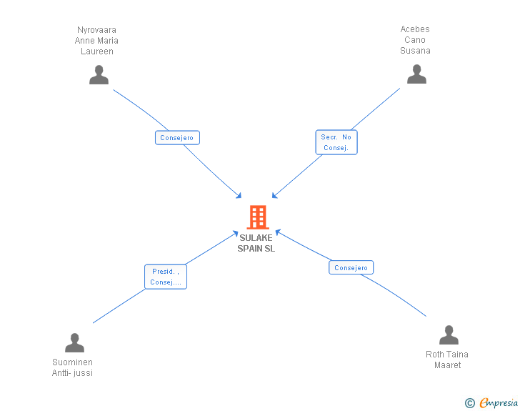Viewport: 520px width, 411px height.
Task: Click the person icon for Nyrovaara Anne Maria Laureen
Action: (x=99, y=75)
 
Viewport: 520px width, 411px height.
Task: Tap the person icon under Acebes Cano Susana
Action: (x=416, y=74)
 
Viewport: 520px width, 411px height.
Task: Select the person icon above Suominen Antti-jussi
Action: (x=74, y=342)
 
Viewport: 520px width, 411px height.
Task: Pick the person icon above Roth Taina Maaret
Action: (x=449, y=335)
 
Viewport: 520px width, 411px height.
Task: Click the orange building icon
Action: (x=258, y=217)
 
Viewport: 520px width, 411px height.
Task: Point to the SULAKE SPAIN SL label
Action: (x=256, y=243)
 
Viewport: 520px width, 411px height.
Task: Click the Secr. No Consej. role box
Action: (x=336, y=142)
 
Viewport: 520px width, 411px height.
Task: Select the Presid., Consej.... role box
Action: (x=166, y=277)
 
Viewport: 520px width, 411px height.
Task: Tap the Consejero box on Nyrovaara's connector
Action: (x=177, y=138)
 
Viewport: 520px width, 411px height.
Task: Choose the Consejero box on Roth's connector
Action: (x=351, y=267)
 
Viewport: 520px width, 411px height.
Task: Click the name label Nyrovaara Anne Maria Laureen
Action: (x=96, y=41)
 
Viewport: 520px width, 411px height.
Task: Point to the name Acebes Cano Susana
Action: (x=415, y=40)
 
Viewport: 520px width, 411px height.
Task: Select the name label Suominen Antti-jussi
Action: (x=72, y=367)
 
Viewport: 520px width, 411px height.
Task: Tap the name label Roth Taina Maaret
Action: (x=447, y=360)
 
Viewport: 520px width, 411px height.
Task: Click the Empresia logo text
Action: (x=499, y=402)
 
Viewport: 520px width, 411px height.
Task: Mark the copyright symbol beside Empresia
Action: (x=469, y=403)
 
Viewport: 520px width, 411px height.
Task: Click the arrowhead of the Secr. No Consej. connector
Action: (x=274, y=196)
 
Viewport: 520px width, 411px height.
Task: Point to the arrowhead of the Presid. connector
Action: (x=236, y=233)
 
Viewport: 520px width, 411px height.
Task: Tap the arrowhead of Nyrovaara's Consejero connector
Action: (x=239, y=196)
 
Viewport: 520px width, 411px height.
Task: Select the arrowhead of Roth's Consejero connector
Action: (x=278, y=232)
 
